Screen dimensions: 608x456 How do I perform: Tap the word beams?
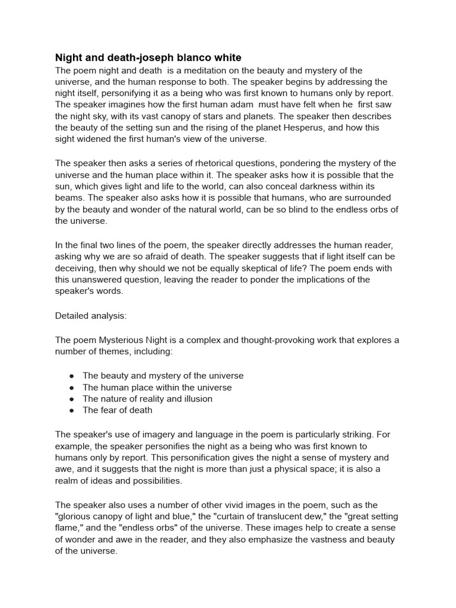[69, 198]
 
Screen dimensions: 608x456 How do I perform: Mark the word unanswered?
[101, 279]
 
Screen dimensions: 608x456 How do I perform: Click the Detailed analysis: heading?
[91, 315]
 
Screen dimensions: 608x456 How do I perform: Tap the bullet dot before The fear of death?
[71, 410]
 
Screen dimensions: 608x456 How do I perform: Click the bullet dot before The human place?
[71, 388]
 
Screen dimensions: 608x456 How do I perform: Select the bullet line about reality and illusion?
[147, 398]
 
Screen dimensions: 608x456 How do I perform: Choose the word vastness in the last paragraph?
[337, 539]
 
